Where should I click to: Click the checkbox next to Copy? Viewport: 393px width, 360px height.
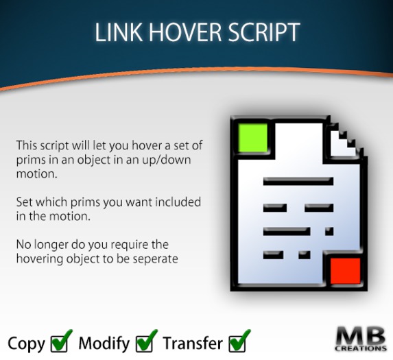[61, 341]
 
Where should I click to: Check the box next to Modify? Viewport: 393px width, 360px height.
[146, 341]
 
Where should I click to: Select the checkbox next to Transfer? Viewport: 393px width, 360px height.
[239, 341]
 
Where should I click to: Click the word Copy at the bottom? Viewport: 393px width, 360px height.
[26, 342]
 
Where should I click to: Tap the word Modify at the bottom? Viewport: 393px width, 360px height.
[104, 342]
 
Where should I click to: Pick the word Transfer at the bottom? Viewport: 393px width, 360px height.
[192, 342]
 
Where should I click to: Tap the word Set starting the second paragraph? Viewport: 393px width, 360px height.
[25, 202]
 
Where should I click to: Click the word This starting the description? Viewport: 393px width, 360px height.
[28, 146]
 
